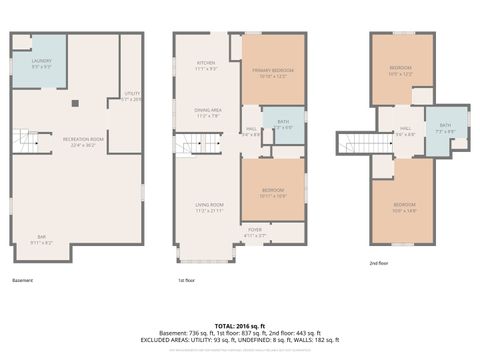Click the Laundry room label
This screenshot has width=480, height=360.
pos(42,63)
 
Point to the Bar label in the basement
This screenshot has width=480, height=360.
pos(40,239)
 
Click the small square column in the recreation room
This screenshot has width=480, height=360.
pos(74,102)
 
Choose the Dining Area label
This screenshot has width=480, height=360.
pos(208,114)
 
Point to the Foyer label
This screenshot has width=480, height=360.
pos(255,232)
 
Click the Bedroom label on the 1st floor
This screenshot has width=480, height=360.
pos(272,192)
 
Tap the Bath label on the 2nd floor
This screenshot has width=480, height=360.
pos(445,128)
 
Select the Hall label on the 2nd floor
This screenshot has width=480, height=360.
pos(406,130)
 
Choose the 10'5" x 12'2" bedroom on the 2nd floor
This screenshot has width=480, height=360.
pos(401,70)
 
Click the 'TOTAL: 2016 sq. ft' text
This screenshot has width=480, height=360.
pos(240,326)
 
